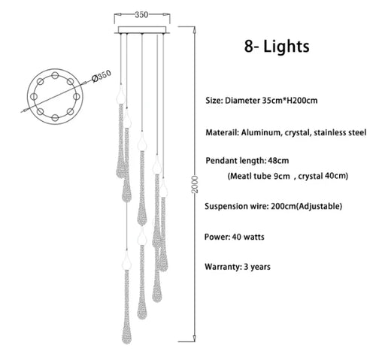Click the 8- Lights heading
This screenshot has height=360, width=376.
coord(277,47)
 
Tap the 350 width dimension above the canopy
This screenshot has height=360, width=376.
coord(141,15)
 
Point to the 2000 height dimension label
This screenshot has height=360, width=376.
coord(195,184)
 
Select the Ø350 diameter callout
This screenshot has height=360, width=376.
coord(102,76)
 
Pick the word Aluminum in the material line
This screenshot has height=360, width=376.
coord(261,132)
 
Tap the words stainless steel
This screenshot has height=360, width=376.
coord(340,132)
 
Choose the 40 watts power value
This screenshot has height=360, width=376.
coord(248,237)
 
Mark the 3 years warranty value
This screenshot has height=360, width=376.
coord(257,267)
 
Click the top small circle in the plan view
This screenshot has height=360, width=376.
coord(55,75)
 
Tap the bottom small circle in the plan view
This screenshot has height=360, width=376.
coord(55,117)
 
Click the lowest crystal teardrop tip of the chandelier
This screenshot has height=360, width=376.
coord(126,343)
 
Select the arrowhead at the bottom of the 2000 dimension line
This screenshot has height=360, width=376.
coord(195,339)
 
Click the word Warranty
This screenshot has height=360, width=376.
coord(223,267)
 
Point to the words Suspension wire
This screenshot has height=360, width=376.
coord(237,206)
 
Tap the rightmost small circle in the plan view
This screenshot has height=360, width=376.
coord(76,96)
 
